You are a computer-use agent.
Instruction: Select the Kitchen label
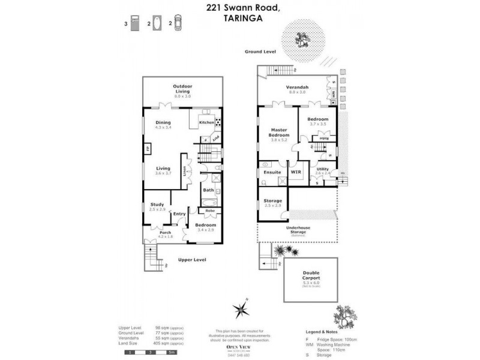[x=206, y=122]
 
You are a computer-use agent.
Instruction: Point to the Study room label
[x=157, y=205]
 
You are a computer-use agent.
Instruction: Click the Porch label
[x=157, y=233]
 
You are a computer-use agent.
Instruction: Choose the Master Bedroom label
[x=279, y=133]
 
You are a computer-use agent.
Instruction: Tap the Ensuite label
[x=272, y=173]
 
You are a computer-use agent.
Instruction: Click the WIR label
[x=295, y=173]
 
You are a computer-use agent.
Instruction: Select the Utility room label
[x=322, y=170]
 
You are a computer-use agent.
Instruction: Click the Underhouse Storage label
[x=298, y=229]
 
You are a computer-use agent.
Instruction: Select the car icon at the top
[x=178, y=23]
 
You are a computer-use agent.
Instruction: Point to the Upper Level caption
[x=192, y=260]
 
